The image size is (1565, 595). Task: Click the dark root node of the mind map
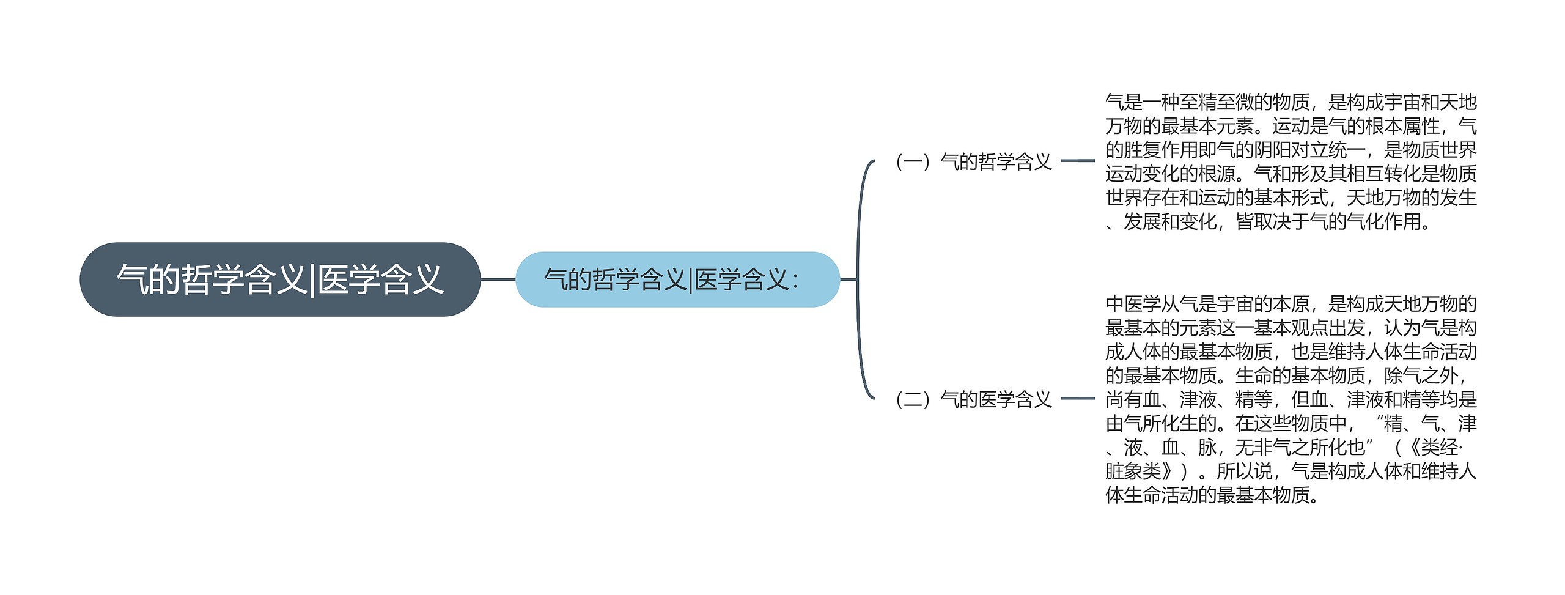[x=280, y=279]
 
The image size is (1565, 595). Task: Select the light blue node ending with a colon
[x=677, y=279]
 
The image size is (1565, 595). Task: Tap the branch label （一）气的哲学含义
[x=974, y=161]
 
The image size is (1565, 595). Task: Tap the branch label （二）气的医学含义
[x=974, y=399]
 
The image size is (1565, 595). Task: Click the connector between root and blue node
[x=498, y=279]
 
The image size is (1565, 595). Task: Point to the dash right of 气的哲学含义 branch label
[x=1078, y=161]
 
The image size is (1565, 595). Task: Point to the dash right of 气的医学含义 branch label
[x=1078, y=399]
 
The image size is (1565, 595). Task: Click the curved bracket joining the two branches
[x=859, y=279]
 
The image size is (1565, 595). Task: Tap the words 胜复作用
[x=1160, y=150]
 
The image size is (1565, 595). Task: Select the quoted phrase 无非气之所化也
[x=1300, y=448]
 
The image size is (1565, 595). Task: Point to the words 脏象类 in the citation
[x=1133, y=471]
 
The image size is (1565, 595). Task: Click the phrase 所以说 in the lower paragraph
[x=1244, y=471]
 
